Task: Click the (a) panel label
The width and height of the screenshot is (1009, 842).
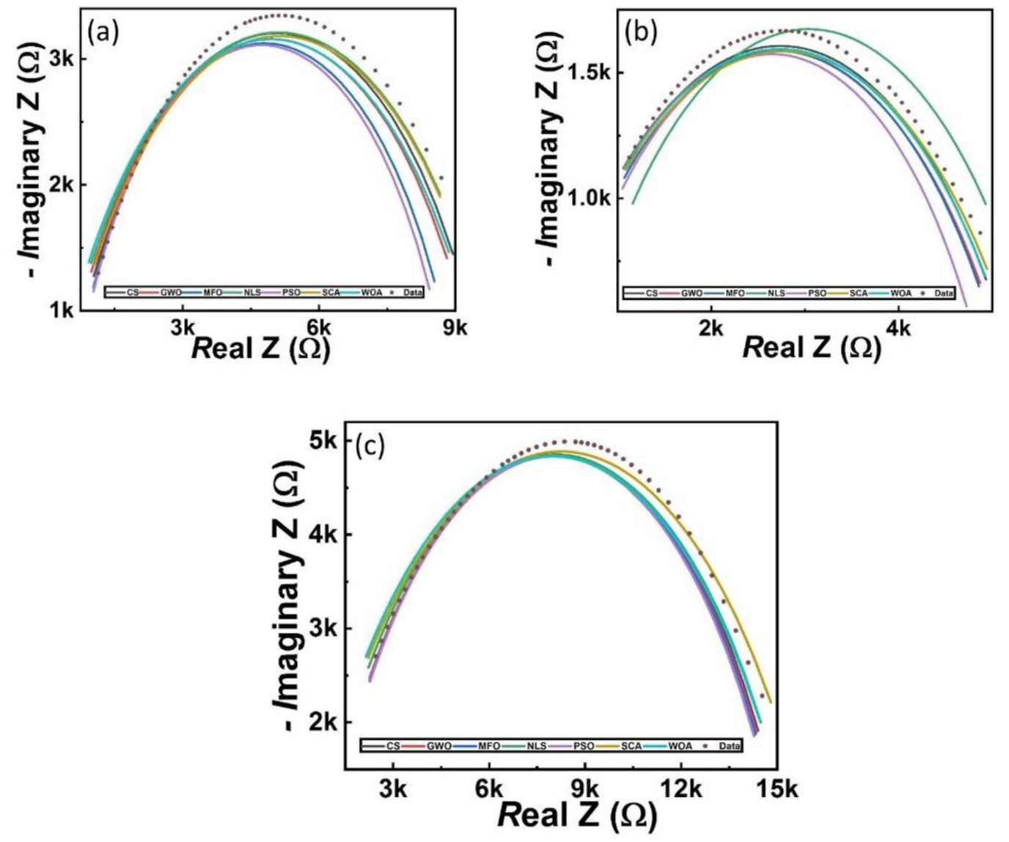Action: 103,32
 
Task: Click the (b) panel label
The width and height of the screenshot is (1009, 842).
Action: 641,32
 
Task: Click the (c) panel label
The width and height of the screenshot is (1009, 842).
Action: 370,445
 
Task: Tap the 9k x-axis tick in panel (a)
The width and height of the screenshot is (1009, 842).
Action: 455,329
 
